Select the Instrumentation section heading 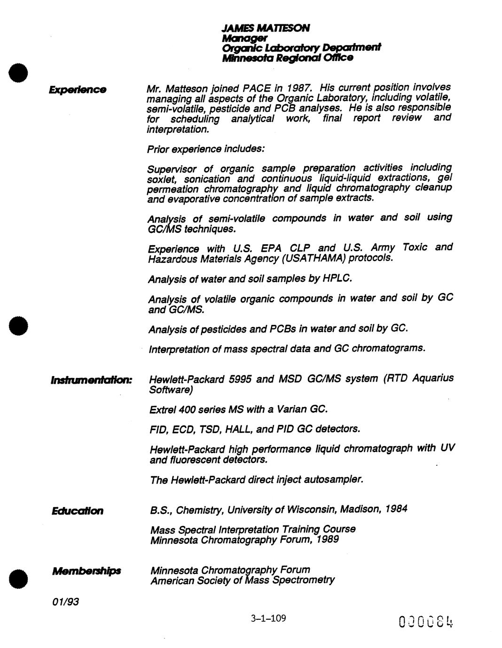tap(92, 379)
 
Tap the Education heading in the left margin tap(78, 510)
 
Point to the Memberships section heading tap(86, 571)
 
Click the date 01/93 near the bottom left tap(65, 601)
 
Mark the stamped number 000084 tap(426, 622)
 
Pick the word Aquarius tap(433, 378)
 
